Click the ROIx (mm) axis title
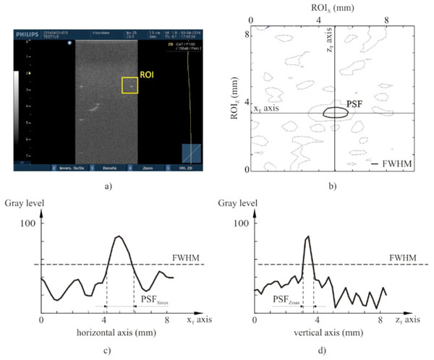point(328,8)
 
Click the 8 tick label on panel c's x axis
point(167,318)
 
